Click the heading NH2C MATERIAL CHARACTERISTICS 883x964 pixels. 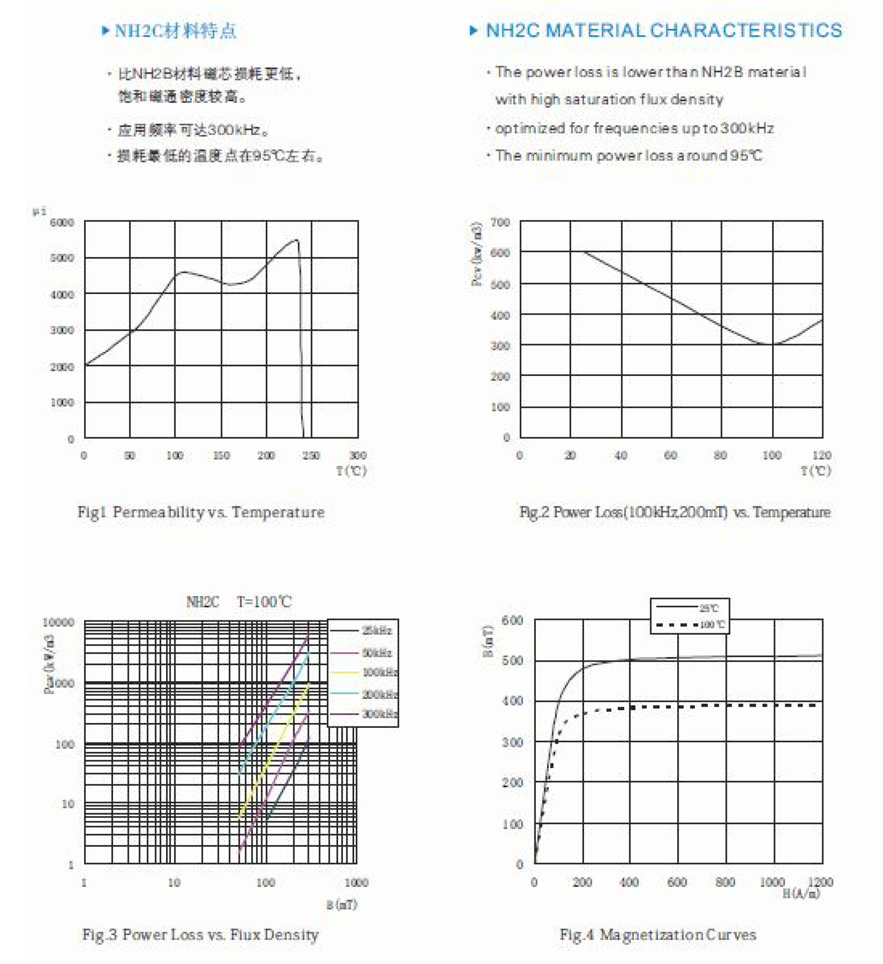(664, 31)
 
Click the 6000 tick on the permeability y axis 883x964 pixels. (62, 222)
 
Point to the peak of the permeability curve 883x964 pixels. (297, 240)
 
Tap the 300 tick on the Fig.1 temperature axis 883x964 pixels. (358, 455)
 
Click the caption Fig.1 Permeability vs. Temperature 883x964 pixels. (201, 512)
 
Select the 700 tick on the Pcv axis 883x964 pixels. (500, 222)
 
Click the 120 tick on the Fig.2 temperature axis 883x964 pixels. (822, 455)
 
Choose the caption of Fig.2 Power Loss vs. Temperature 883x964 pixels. (675, 512)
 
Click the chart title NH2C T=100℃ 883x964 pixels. (239, 601)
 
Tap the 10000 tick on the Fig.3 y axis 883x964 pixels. (58, 622)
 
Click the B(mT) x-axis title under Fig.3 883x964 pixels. (342, 904)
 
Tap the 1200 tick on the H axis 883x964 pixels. (820, 882)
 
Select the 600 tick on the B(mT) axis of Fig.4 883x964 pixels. (512, 620)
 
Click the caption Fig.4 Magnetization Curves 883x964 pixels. (658, 934)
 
